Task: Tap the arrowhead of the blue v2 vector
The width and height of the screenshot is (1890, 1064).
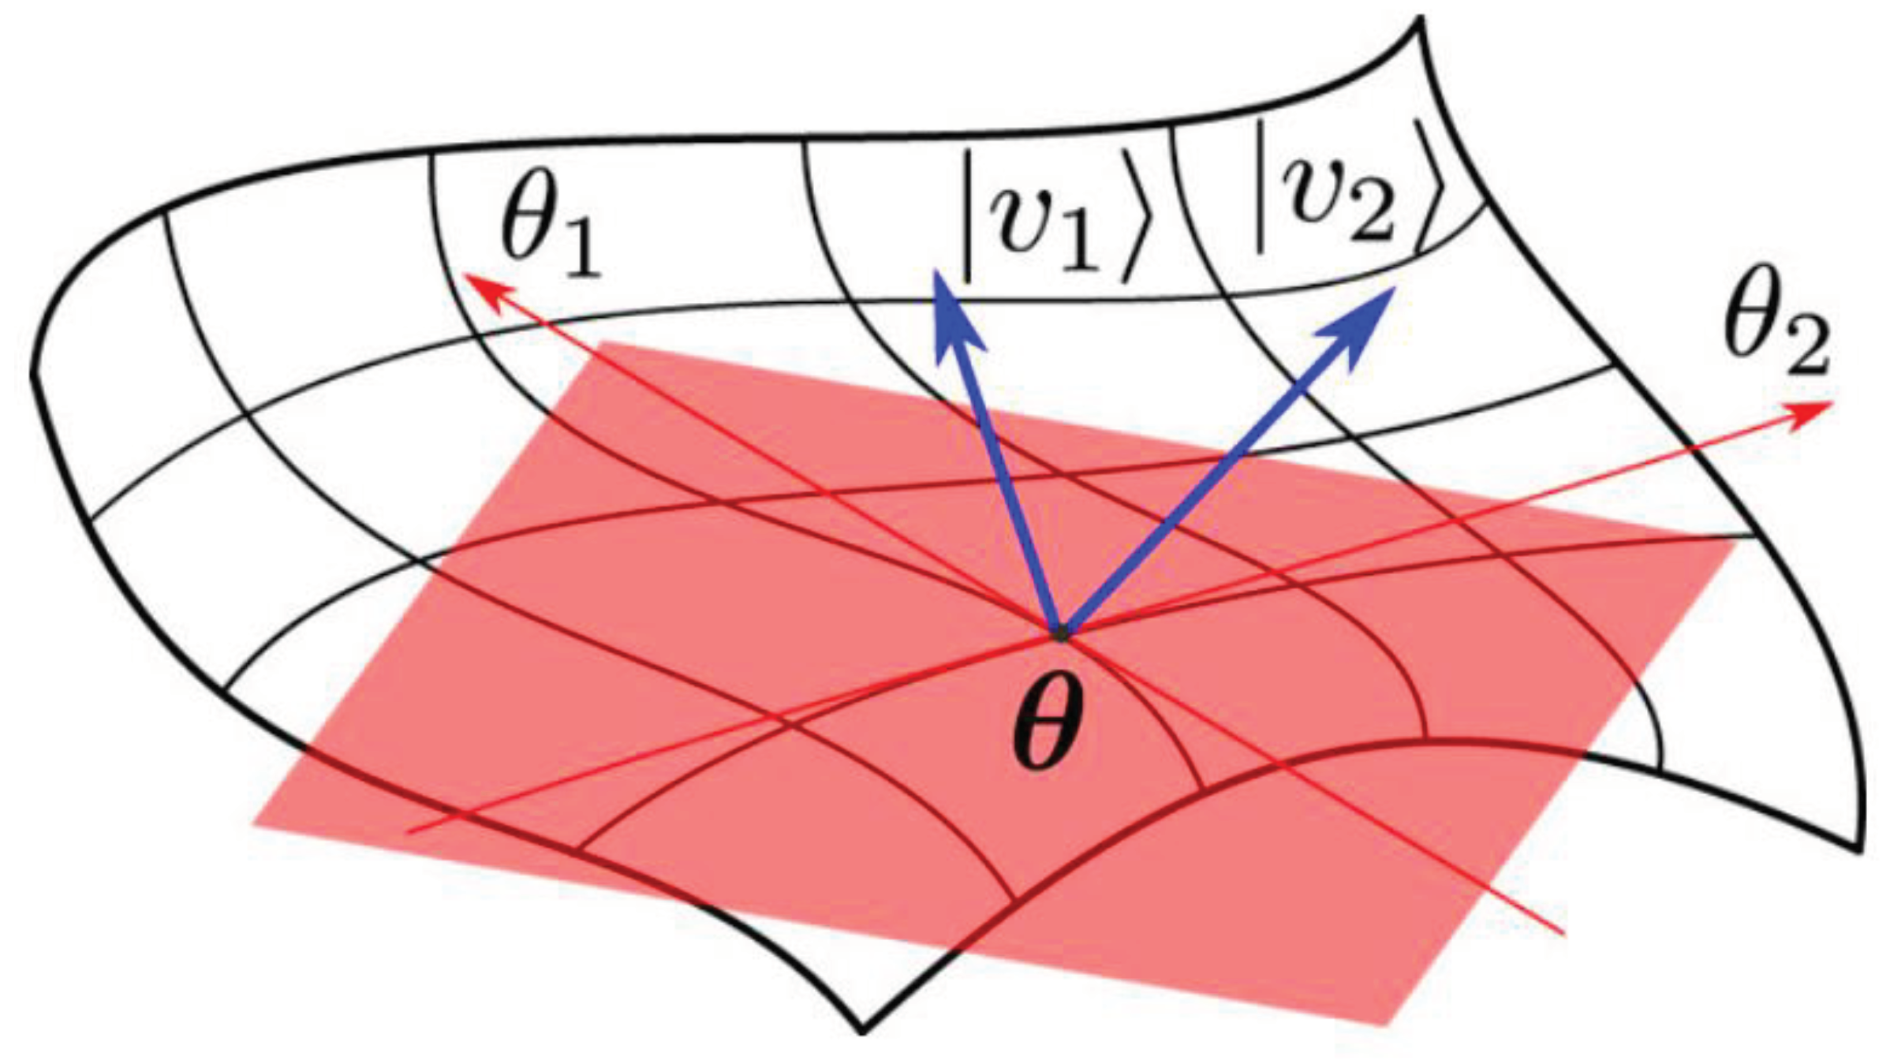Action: click(1365, 319)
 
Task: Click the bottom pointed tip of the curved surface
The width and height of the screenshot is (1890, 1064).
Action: click(862, 1029)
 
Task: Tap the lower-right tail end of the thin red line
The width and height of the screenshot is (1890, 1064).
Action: click(1563, 934)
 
